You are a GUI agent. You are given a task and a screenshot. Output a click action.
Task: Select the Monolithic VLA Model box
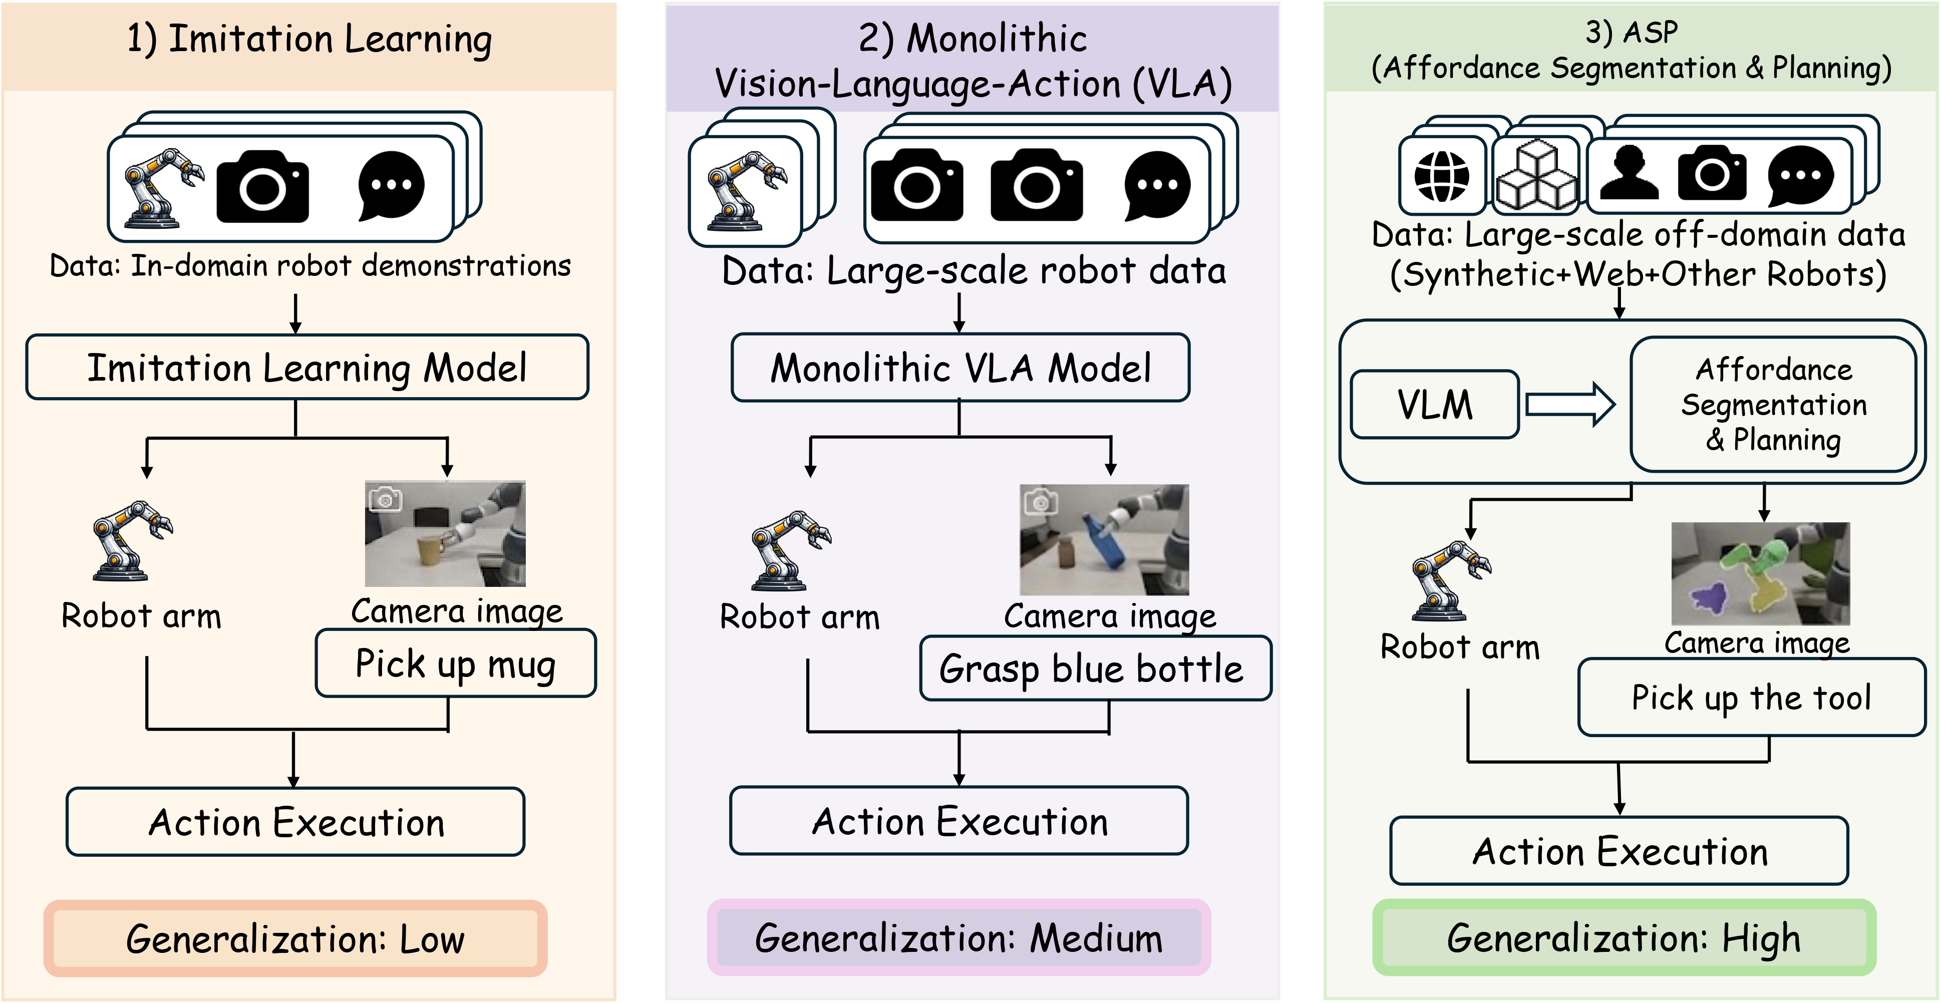(x=960, y=368)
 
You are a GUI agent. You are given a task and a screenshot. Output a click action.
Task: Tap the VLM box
(x=1434, y=405)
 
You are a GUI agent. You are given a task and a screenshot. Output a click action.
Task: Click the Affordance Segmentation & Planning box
(x=1773, y=405)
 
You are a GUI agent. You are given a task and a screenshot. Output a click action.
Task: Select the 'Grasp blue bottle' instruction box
(x=1094, y=668)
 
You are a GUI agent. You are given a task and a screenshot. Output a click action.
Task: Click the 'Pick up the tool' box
(x=1751, y=697)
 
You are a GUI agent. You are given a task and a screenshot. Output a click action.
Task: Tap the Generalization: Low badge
(x=295, y=938)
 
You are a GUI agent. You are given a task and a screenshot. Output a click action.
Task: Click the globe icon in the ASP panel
(x=1441, y=176)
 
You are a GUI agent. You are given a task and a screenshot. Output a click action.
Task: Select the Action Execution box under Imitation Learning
(x=295, y=821)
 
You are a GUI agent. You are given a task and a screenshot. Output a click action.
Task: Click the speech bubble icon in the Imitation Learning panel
(x=391, y=185)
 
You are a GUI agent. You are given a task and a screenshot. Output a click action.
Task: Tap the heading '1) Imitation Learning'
(x=309, y=39)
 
